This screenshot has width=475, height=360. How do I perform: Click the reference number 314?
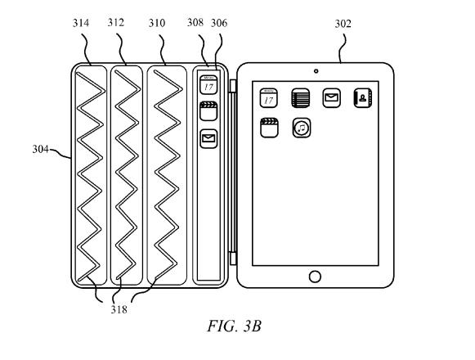pos(81,23)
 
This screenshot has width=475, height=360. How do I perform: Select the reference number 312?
pos(116,22)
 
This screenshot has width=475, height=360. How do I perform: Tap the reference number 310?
pos(157,23)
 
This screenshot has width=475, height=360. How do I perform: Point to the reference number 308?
pos(195,22)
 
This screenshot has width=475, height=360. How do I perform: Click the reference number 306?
pos(219,23)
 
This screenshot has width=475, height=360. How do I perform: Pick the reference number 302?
pos(343,24)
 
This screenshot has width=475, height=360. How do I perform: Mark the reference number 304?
pos(41,149)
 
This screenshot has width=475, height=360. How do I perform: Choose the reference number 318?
pos(119,309)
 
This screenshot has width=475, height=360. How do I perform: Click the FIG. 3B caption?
pos(234,326)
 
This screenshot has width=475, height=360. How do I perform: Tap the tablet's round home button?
pos(315,277)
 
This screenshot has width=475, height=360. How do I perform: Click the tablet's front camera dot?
pos(316,71)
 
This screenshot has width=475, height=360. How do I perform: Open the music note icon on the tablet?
pos(302,128)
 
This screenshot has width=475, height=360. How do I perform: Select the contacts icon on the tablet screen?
pos(363,98)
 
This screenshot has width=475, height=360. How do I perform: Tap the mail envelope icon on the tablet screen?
pos(331,98)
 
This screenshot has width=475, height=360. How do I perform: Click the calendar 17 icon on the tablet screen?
pos(269,98)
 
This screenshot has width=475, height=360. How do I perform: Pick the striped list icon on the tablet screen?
pos(301,98)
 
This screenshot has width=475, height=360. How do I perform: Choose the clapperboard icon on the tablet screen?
pos(269,128)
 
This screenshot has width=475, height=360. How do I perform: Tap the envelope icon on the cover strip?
pos(208,139)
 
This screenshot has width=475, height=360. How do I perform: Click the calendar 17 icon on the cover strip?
pos(208,84)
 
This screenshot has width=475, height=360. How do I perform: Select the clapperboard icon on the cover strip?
pos(208,111)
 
